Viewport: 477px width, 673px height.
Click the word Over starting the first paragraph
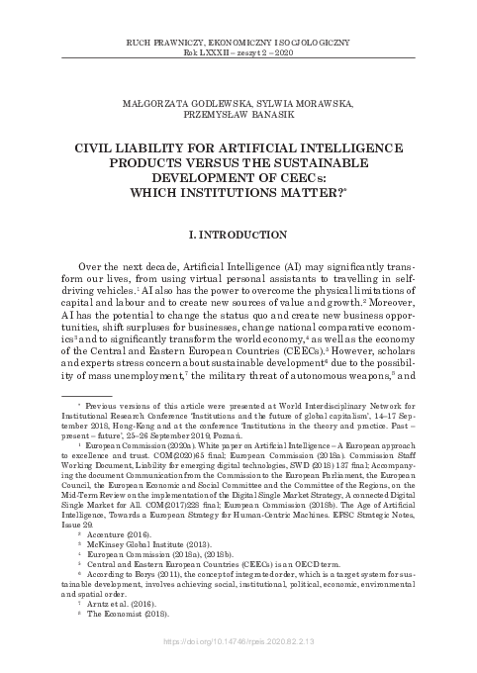click(92, 267)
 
